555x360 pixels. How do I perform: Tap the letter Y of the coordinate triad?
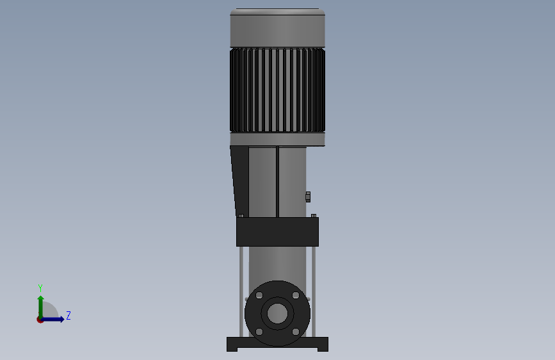pos(40,288)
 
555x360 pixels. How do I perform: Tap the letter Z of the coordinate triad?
pos(68,315)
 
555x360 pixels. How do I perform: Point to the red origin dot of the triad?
pos(40,320)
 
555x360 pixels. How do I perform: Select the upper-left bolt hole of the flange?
pos(259,295)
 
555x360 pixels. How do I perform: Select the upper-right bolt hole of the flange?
pos(296,295)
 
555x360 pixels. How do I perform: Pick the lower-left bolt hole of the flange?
pos(259,332)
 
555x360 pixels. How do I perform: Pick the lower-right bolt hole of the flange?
pos(296,332)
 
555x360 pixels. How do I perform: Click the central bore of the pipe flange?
pos(278,313)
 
